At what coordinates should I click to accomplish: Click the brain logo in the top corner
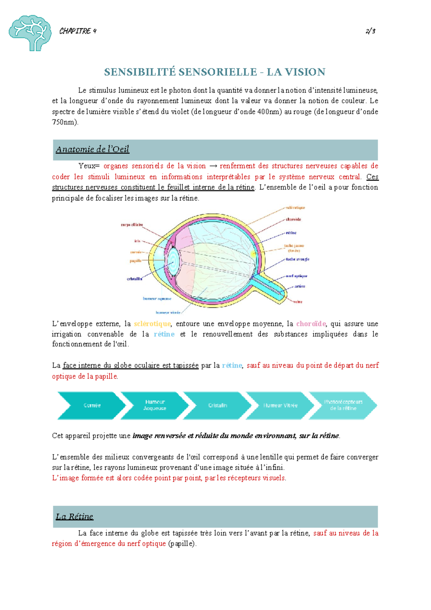[30, 33]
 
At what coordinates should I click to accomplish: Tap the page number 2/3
[370, 31]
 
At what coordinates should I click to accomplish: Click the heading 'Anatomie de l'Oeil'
[92, 149]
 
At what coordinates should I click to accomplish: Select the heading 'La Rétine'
[74, 517]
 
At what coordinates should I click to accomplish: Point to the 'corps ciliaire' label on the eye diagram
[132, 225]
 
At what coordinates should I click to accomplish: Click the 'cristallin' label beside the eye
[134, 279]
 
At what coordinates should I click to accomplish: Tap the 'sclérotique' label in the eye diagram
[295, 207]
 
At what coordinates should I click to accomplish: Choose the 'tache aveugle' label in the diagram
[297, 259]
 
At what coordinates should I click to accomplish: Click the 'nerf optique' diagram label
[296, 276]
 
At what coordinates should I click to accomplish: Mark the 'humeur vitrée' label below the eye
[168, 312]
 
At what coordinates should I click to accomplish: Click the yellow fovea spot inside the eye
[253, 254]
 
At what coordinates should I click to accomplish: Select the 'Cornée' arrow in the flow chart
[92, 405]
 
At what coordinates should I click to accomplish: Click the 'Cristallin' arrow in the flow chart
[217, 405]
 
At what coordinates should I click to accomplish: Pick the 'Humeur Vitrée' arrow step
[280, 405]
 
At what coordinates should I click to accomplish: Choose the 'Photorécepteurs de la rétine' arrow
[343, 405]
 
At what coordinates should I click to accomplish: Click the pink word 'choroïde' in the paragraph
[311, 324]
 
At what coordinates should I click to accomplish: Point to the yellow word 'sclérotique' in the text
[152, 324]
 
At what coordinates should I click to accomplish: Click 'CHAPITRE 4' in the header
[78, 31]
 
